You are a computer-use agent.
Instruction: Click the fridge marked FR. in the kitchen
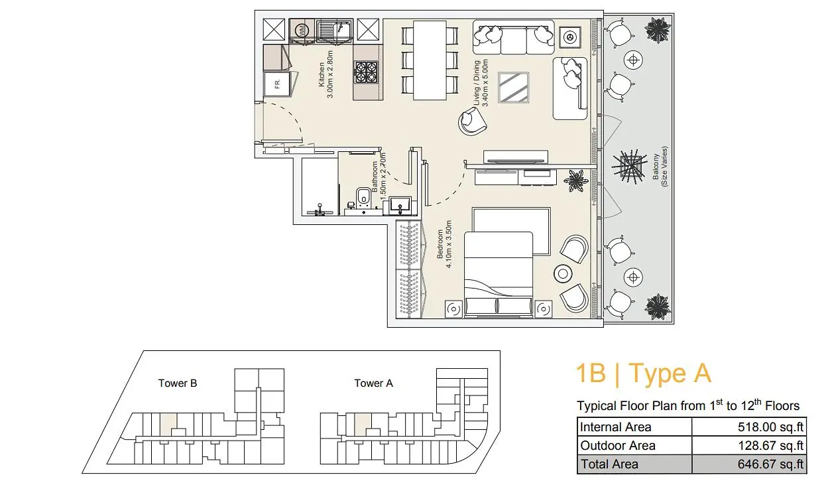(x=277, y=84)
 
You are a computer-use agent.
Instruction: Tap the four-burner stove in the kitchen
(x=366, y=72)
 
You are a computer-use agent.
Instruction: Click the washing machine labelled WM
(x=302, y=29)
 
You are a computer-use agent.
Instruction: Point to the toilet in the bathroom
(x=363, y=197)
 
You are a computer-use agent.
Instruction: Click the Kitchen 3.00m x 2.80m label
(x=326, y=74)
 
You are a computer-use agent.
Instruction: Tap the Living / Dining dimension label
(x=481, y=83)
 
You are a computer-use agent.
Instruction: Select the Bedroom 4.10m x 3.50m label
(x=444, y=244)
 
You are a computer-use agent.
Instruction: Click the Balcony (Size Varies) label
(x=660, y=167)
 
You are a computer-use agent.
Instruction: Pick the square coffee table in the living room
(x=513, y=87)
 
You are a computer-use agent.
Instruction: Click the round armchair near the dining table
(x=472, y=121)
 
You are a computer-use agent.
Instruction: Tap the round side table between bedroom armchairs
(x=563, y=274)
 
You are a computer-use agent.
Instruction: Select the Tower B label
(x=178, y=383)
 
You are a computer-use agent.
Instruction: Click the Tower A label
(x=373, y=383)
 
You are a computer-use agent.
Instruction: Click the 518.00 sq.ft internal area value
(x=770, y=427)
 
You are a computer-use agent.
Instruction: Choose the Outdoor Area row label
(x=618, y=445)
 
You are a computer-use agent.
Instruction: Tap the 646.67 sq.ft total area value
(x=770, y=464)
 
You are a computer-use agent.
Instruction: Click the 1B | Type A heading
(x=644, y=373)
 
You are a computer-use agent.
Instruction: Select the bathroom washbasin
(x=400, y=206)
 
